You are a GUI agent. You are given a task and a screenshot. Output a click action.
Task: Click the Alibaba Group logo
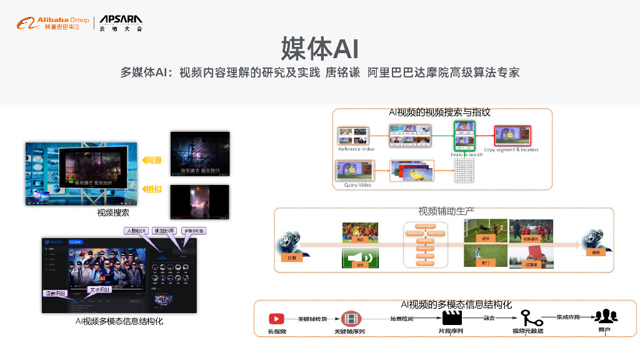[53, 24]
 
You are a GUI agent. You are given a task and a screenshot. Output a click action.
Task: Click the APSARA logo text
[121, 21]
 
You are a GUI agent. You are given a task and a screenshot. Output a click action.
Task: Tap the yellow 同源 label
[151, 161]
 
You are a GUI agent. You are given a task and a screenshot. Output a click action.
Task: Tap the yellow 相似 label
[151, 189]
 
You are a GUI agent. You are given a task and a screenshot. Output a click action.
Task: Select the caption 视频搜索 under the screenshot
[113, 213]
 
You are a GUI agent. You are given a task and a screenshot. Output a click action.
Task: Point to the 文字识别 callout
[99, 289]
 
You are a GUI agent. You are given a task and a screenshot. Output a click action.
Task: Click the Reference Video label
[356, 149]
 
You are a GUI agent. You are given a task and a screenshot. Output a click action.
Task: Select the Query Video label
[357, 185]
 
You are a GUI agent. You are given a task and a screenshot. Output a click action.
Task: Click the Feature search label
[466, 154]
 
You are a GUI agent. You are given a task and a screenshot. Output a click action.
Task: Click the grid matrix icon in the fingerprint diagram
[464, 170]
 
